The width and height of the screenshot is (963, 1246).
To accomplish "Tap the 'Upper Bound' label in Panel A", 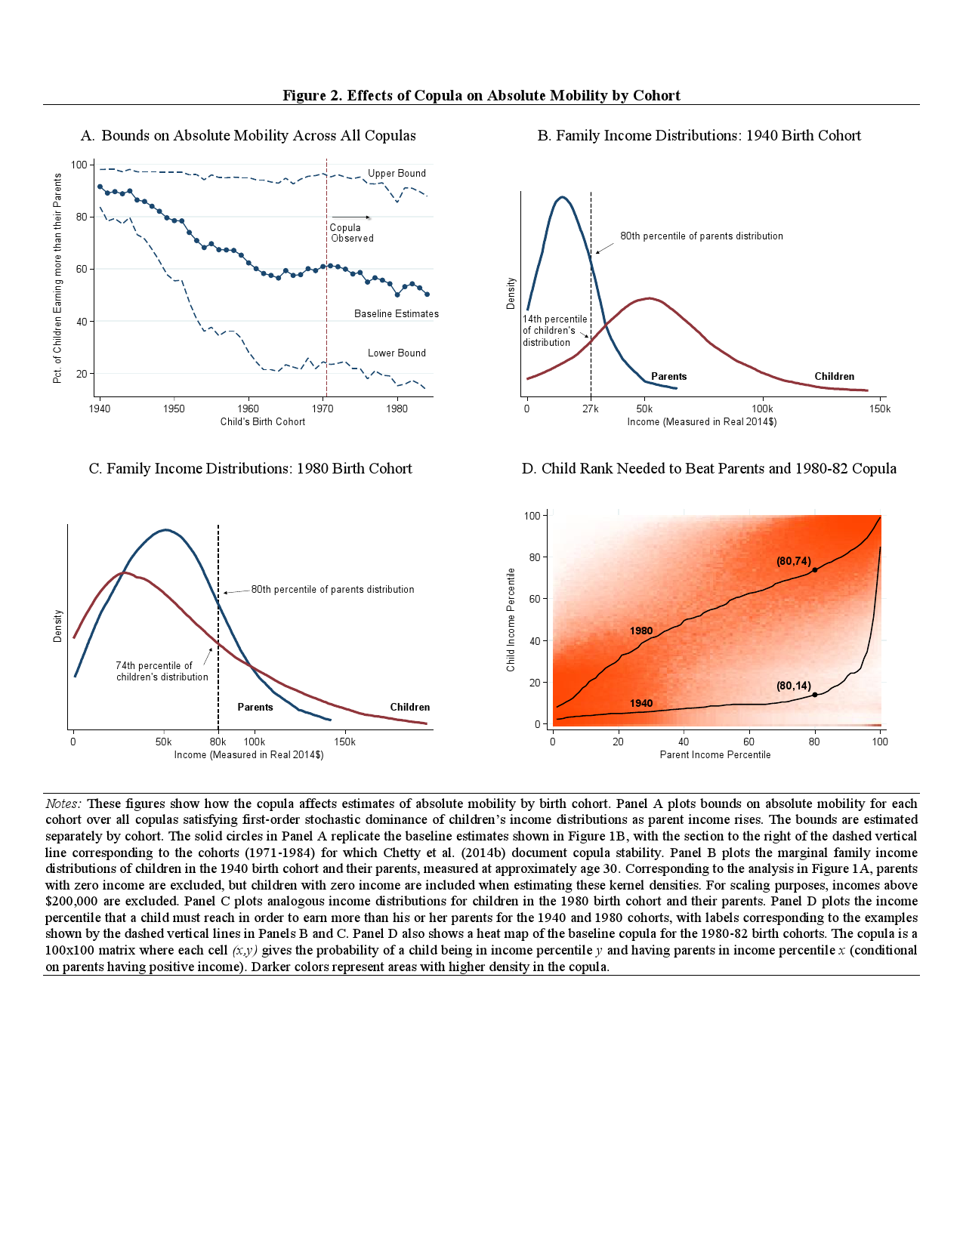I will coord(397,173).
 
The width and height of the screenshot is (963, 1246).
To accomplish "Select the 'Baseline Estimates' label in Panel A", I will coord(396,313).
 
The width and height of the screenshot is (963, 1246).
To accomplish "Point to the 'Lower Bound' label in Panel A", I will coord(397,353).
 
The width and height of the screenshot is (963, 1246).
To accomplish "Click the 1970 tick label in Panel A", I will coord(323,409).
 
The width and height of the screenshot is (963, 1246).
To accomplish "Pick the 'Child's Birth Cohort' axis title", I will coord(263,421).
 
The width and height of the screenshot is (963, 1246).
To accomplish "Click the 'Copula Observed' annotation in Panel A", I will coord(351,233).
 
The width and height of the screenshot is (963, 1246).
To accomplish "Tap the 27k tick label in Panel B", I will coord(590,409).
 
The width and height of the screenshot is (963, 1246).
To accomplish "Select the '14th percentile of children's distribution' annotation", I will coord(554,331).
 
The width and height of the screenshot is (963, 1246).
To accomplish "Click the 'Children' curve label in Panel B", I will coord(834,376).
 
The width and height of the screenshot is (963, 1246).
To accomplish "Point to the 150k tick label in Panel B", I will coord(879,409).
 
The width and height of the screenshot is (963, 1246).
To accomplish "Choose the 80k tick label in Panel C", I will coord(218,742).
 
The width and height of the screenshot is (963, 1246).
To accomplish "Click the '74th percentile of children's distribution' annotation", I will coord(162,671).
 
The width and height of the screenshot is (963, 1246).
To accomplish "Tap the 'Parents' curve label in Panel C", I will coord(255,707).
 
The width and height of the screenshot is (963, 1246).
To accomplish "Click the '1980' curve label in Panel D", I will coord(640,631).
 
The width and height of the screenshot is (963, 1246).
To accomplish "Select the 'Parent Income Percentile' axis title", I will coord(715,754).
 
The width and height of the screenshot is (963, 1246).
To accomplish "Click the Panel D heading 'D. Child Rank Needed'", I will coord(708,468).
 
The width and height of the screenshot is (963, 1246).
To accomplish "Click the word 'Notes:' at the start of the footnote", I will coord(63,803).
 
